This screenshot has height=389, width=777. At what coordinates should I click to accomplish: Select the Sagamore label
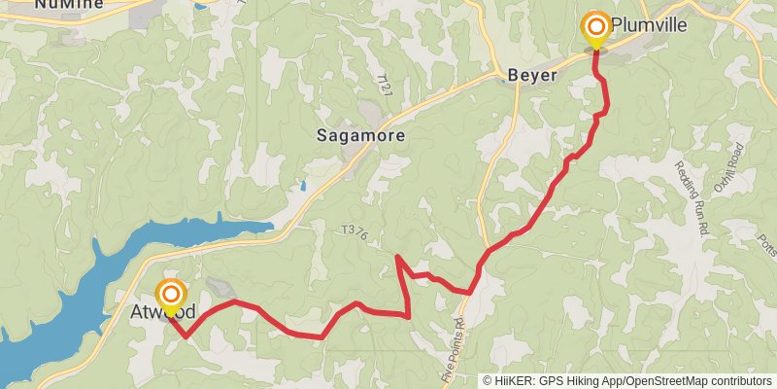[360, 136]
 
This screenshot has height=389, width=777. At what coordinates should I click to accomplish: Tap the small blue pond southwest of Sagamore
[303, 185]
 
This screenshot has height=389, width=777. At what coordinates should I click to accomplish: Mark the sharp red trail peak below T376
[398, 257]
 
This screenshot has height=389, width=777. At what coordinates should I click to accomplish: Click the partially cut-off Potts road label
[765, 248]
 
